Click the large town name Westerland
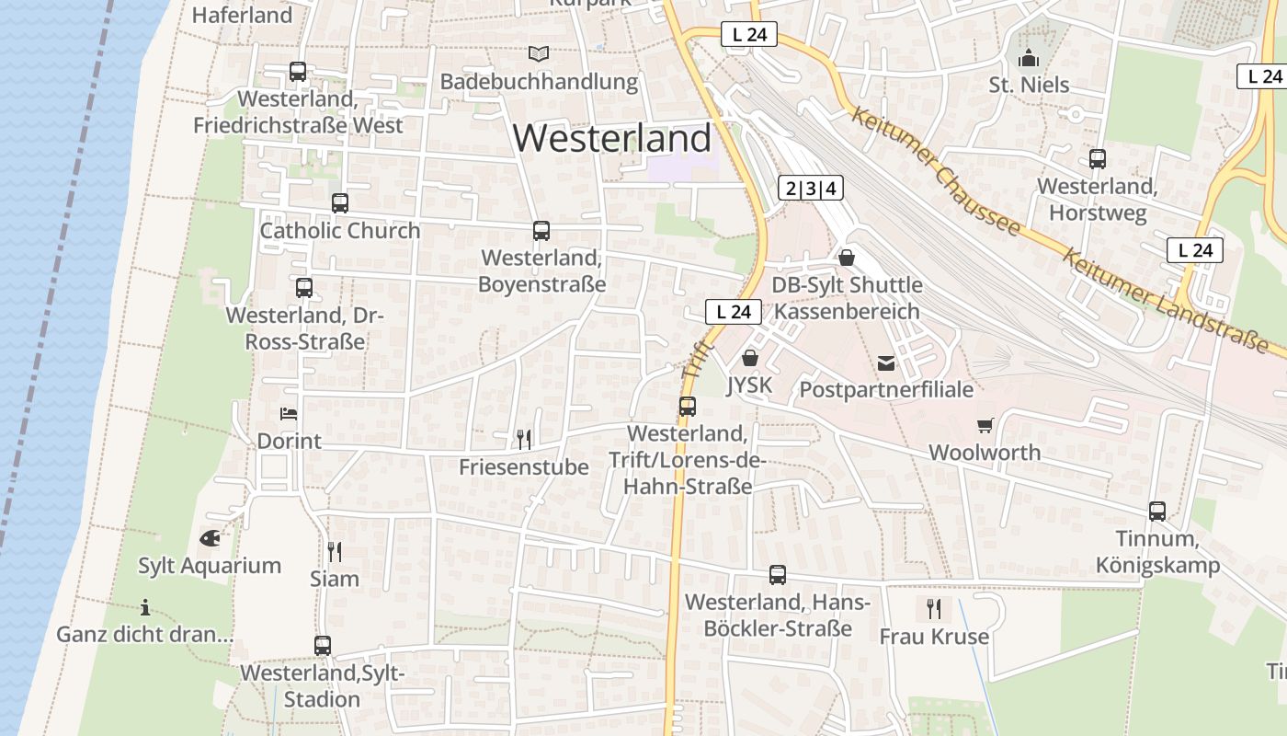(x=612, y=138)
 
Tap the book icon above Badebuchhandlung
(x=538, y=54)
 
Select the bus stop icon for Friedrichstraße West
(x=298, y=71)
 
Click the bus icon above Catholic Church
(x=340, y=202)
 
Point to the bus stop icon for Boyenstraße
(x=541, y=230)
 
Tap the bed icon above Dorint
(x=289, y=414)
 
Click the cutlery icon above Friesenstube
(x=524, y=440)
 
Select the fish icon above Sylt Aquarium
(x=210, y=538)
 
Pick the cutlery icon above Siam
(x=335, y=551)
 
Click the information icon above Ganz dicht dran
(x=144, y=607)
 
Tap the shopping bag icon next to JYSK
(x=750, y=358)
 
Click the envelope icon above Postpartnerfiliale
(x=886, y=363)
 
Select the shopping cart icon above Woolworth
(x=985, y=425)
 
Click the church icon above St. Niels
(x=1029, y=58)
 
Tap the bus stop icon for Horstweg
(x=1098, y=158)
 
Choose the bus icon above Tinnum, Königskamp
(x=1157, y=511)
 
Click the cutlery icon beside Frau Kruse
(x=934, y=609)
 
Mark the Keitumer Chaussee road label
(x=935, y=170)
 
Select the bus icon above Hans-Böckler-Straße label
(x=778, y=575)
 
